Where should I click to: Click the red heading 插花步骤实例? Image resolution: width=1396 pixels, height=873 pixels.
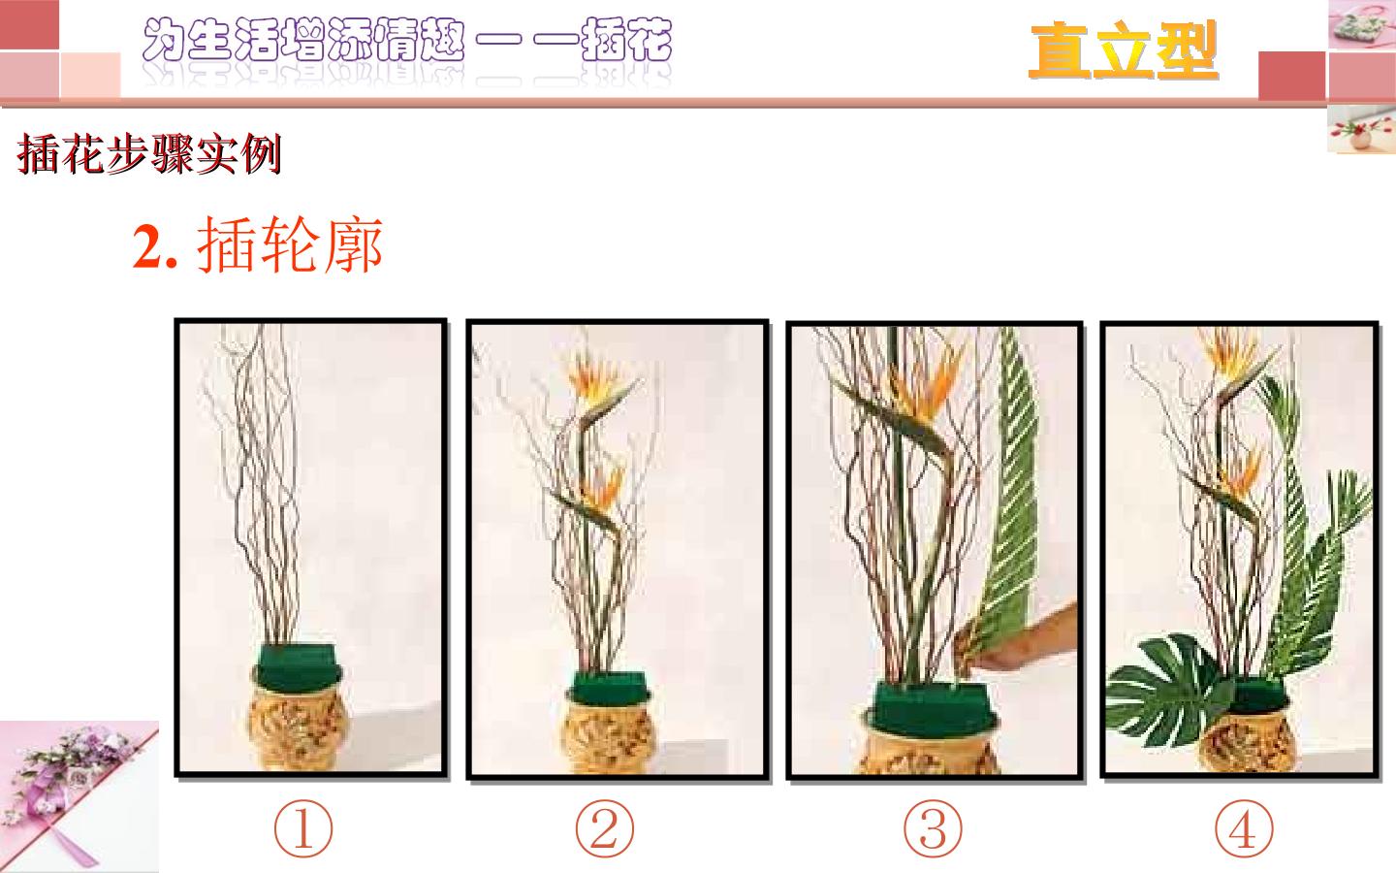click(149, 153)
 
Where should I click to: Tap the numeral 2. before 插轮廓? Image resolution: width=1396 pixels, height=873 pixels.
click(154, 247)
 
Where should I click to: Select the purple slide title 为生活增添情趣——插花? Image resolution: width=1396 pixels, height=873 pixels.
click(407, 41)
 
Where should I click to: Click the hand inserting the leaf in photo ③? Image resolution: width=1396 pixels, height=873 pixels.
click(1022, 642)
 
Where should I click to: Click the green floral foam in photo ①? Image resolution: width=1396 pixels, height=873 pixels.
click(298, 667)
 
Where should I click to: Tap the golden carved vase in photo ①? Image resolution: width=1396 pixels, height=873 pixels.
click(298, 727)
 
